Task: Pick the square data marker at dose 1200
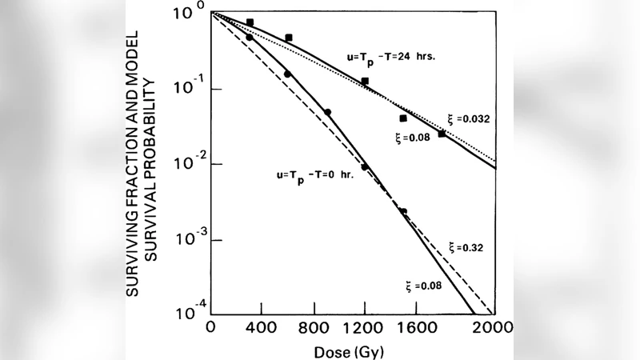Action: tap(365, 82)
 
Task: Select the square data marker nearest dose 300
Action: tap(250, 23)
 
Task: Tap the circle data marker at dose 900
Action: tap(327, 113)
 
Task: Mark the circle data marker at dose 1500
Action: tap(403, 212)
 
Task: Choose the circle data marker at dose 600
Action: tap(288, 74)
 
